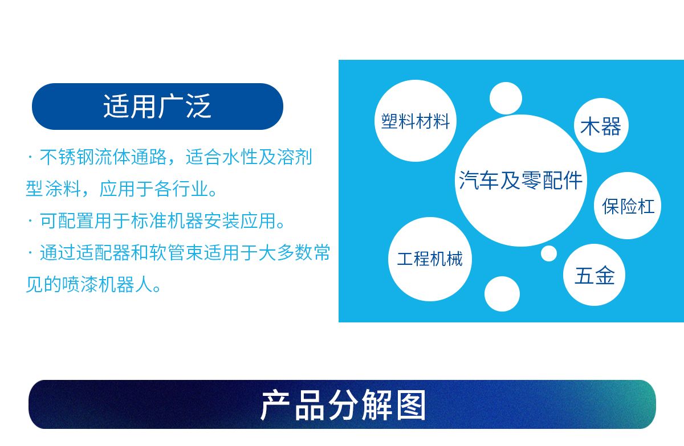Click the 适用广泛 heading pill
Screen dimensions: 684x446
tap(157, 107)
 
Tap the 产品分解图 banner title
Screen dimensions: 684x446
tap(343, 405)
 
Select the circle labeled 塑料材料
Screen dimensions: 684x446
tap(416, 121)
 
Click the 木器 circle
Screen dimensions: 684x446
tap(601, 125)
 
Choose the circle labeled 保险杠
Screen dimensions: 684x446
tap(628, 206)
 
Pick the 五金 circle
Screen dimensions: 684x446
tap(594, 275)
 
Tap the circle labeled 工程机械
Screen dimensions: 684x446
tap(430, 259)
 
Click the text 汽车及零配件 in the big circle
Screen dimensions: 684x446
tap(520, 181)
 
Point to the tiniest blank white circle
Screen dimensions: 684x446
tap(549, 253)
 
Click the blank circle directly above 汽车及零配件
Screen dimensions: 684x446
tap(506, 98)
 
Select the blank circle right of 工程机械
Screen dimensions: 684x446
tap(502, 294)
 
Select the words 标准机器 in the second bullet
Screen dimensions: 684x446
tap(167, 220)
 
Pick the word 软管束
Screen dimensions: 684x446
tap(176, 252)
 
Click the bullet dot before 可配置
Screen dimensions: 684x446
tap(30, 220)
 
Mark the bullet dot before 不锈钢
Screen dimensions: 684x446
tap(30, 157)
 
